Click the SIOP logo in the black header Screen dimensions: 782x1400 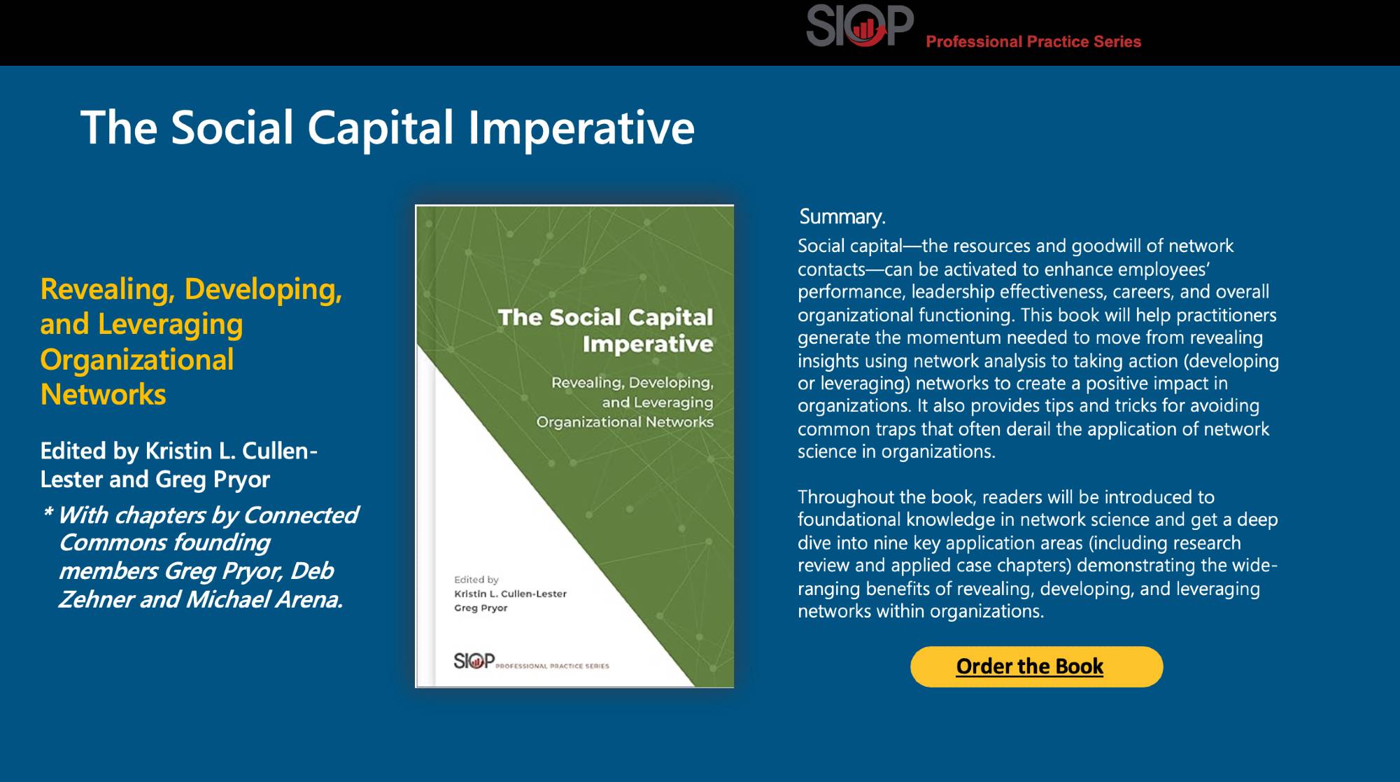(x=859, y=26)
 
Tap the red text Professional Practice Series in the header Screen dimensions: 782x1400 (x=1033, y=42)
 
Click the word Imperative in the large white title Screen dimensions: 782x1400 (x=580, y=128)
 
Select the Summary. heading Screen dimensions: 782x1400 (x=842, y=217)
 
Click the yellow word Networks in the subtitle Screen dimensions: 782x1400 (x=103, y=395)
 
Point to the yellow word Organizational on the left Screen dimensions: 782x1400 (x=136, y=360)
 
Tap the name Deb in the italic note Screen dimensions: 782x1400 (x=311, y=571)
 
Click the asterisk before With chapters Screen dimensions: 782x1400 (x=48, y=514)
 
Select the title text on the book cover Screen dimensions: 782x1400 (x=606, y=330)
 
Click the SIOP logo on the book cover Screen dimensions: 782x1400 (x=474, y=660)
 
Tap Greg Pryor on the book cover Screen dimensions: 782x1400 (x=481, y=608)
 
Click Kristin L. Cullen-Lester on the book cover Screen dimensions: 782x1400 (x=510, y=594)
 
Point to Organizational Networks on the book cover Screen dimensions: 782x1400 (x=624, y=422)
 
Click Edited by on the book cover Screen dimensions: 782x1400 (x=476, y=580)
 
